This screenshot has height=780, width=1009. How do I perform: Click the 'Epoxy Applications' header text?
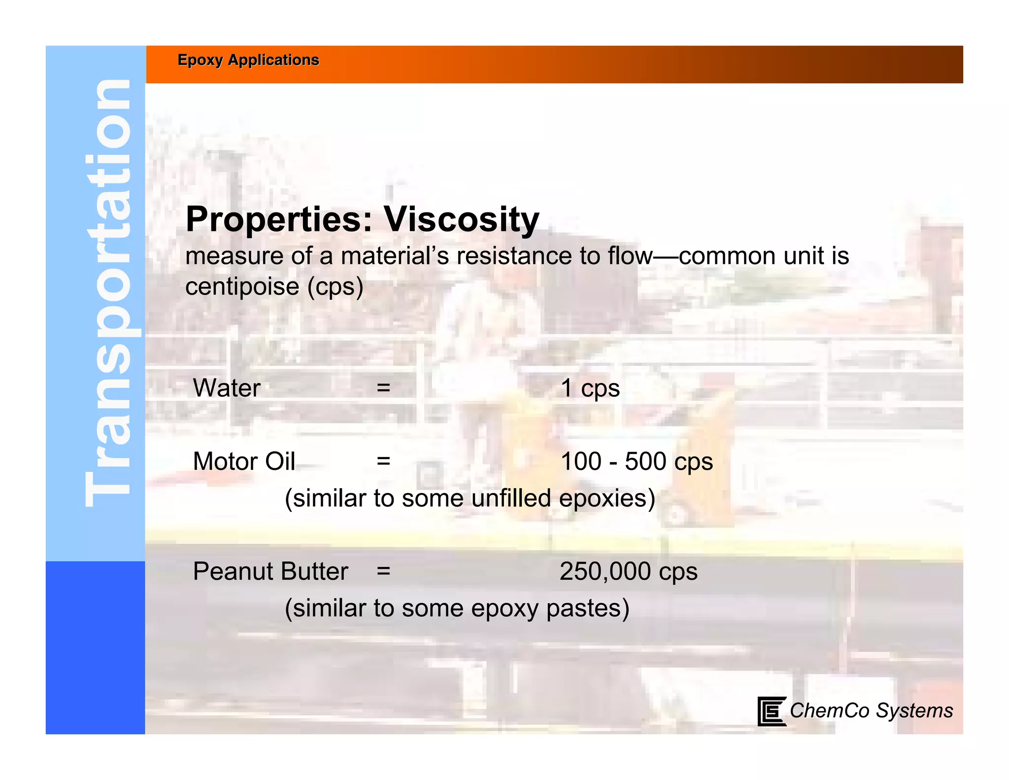[248, 60]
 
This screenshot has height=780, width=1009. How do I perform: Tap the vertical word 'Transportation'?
[107, 293]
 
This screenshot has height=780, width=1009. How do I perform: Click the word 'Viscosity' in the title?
[461, 219]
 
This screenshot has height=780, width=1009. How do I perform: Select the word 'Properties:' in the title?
[279, 220]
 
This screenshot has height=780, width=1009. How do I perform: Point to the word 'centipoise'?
[242, 286]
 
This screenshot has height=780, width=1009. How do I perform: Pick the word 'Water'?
[227, 388]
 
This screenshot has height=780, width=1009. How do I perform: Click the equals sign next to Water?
[383, 388]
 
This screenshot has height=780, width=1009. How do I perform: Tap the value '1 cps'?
[590, 389]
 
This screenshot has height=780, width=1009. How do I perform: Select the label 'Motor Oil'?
[244, 461]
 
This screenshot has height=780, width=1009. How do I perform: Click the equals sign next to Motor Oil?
[383, 461]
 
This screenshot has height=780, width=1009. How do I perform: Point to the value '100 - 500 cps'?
[637, 462]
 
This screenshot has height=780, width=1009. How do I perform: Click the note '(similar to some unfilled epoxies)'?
[470, 498]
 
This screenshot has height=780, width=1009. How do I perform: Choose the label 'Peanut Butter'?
[270, 571]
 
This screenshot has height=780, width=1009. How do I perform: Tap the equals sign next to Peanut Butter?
[383, 571]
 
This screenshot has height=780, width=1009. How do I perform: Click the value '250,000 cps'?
[629, 572]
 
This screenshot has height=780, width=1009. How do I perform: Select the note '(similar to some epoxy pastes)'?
[457, 608]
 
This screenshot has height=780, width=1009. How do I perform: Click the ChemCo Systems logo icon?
[771, 711]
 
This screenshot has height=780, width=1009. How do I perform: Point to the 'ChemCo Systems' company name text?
[871, 710]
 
